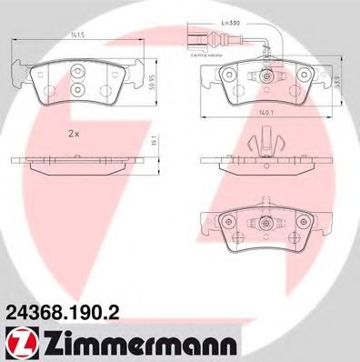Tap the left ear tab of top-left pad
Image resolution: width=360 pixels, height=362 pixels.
click(x=20, y=65)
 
